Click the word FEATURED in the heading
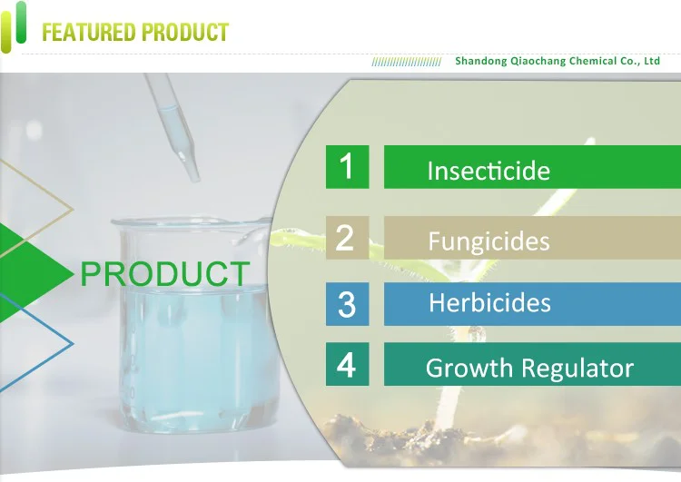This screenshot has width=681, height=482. [x=89, y=32]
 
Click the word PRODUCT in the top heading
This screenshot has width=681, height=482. [x=185, y=32]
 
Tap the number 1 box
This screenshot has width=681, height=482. [x=348, y=167]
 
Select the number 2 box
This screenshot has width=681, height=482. [x=348, y=238]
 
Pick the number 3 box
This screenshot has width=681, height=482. [x=348, y=304]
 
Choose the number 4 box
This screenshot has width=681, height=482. [x=348, y=364]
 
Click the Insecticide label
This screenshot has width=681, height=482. [x=489, y=171]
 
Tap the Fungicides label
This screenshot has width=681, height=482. [x=489, y=241]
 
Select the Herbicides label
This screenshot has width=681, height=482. [x=490, y=302]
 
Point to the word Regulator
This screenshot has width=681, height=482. [x=577, y=369]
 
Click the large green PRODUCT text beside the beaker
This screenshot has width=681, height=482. [x=165, y=273]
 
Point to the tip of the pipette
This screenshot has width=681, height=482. [x=194, y=180]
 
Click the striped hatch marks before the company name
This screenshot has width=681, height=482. [x=407, y=62]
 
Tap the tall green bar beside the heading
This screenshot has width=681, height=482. [x=20, y=22]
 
